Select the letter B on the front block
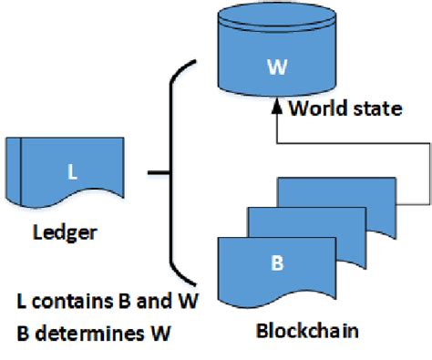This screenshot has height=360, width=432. pos(278,264)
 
